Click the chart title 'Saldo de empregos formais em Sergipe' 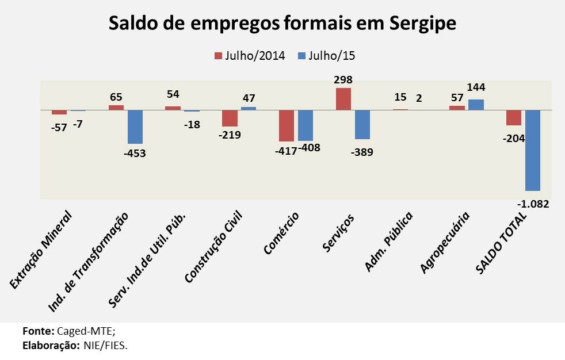pos(282,24)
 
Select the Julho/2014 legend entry pos(250,56)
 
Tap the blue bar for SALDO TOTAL pos(533,150)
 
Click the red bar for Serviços pos(343,98)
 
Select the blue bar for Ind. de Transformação pos(135,127)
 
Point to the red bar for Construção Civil pos(230,118)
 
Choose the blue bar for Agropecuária pos(476,104)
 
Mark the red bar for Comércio pos(287,125)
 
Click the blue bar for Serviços pos(362,124)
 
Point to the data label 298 pos(343,80)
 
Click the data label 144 pos(476,87)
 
